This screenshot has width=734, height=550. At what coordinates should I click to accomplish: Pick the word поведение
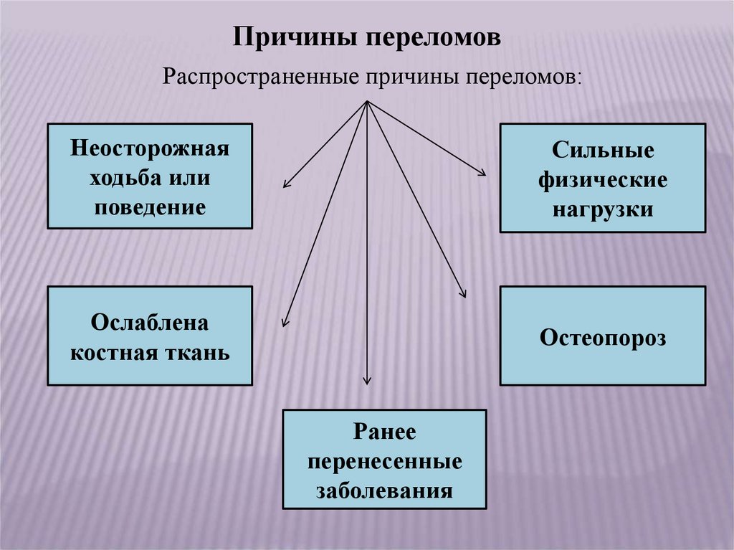150,207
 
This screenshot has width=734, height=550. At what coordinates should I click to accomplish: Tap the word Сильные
603,151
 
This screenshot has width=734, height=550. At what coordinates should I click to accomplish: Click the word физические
603,180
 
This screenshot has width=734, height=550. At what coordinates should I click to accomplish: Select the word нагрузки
603,209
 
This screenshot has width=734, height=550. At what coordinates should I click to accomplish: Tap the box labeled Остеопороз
603,336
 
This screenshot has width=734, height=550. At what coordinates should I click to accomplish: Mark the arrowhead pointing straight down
367,380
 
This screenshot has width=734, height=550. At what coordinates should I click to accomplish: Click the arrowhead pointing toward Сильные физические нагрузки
482,171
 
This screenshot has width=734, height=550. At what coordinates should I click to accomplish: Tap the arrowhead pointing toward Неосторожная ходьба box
286,184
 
